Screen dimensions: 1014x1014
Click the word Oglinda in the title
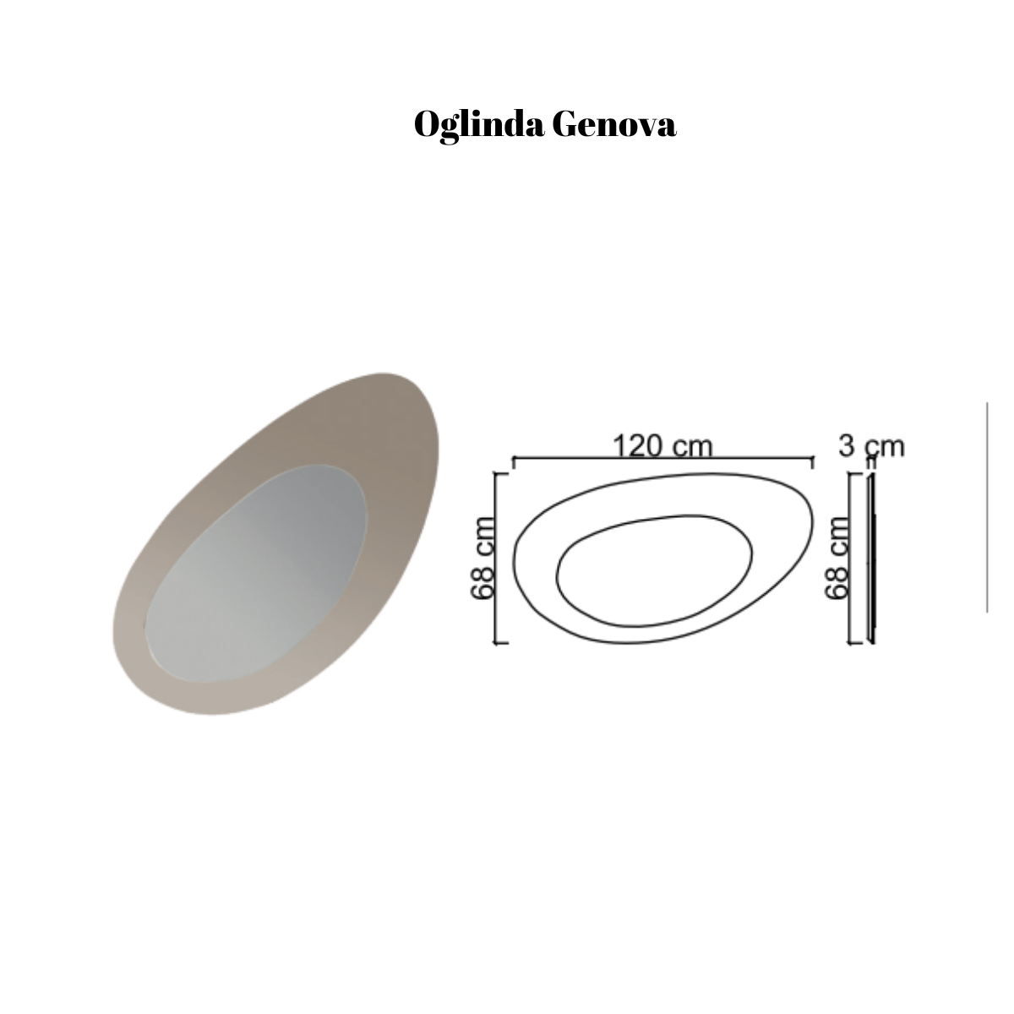pyautogui.click(x=479, y=126)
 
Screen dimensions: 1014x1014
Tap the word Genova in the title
pyautogui.click(x=614, y=124)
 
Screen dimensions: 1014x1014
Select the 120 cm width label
pyautogui.click(x=662, y=445)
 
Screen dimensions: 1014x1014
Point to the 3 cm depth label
pyautogui.click(x=871, y=446)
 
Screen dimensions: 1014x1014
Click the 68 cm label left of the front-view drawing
pyautogui.click(x=482, y=558)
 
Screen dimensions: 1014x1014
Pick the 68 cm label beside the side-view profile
pyautogui.click(x=837, y=558)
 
